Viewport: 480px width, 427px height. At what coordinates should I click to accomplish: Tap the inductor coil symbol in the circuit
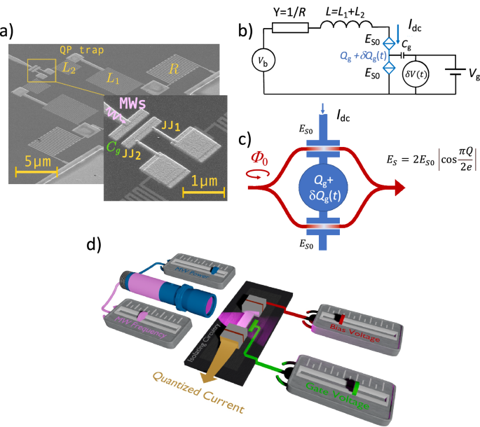(x=341, y=29)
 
